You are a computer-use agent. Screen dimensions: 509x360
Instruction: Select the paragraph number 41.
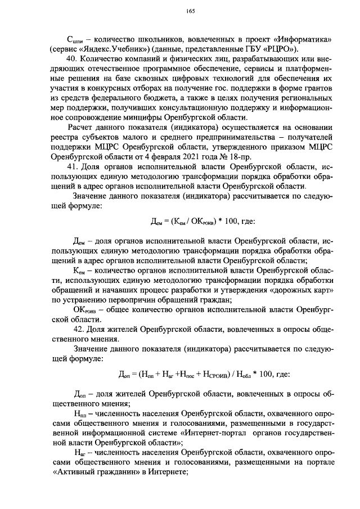point(72,167)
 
